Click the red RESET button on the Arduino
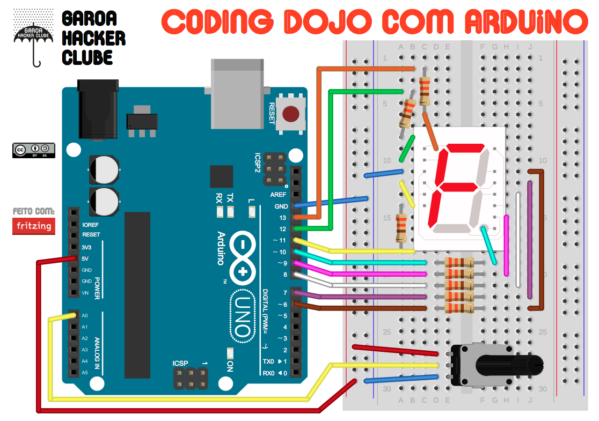tap(291, 114)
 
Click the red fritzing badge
tap(33, 226)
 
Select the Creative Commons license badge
tap(33, 150)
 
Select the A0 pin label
tap(85, 315)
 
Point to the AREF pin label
tap(278, 195)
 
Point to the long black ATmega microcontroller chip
tap(137, 295)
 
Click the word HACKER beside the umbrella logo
tap(94, 39)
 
